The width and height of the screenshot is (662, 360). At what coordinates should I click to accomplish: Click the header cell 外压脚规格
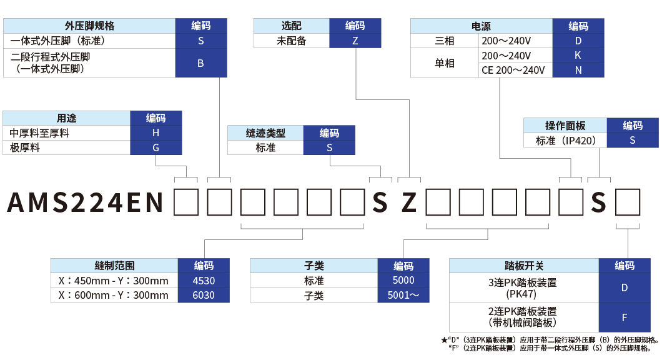(x=89, y=26)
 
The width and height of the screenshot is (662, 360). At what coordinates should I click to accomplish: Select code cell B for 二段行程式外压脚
(x=200, y=63)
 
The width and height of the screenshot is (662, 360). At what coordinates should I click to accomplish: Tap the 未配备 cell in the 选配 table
(x=292, y=41)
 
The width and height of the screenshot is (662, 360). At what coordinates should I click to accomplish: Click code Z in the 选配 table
(x=355, y=41)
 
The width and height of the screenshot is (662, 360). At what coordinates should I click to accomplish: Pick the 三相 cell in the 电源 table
(x=444, y=41)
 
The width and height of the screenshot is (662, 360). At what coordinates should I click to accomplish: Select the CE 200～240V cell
(x=515, y=70)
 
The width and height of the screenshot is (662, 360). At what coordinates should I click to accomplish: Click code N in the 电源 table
(x=578, y=70)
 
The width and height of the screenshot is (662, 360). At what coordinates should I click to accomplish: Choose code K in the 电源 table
(x=578, y=56)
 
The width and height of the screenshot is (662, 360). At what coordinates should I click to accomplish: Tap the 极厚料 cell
(x=67, y=147)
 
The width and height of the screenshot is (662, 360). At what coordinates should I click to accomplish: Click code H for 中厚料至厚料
(x=156, y=132)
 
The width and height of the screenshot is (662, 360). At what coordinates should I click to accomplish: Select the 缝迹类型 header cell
(x=265, y=133)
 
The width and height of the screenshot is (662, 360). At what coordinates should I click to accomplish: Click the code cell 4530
(x=204, y=281)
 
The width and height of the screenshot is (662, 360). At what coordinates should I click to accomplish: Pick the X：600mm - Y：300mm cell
(x=114, y=296)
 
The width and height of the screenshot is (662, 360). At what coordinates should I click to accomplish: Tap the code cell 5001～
(x=403, y=296)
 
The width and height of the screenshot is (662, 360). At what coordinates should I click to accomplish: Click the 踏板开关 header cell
(x=524, y=266)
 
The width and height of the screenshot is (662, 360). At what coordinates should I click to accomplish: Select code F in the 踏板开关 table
(x=625, y=317)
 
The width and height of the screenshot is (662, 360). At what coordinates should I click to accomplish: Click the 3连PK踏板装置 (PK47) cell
(x=524, y=288)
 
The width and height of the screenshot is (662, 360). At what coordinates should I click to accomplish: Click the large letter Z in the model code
(x=408, y=202)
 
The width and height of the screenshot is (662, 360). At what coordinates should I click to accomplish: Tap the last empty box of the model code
(x=628, y=202)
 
